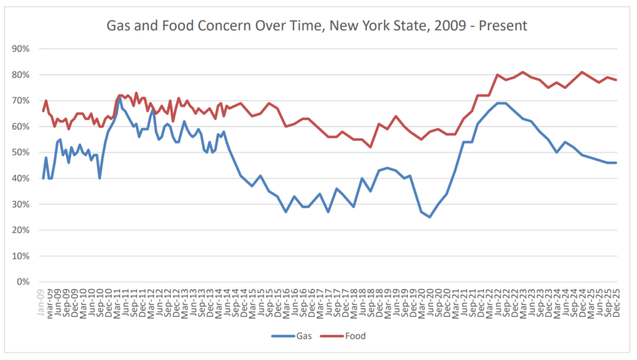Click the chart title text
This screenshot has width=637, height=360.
pyautogui.click(x=317, y=25)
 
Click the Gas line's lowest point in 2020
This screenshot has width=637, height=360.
pyautogui.click(x=429, y=217)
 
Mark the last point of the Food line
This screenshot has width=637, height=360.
pyautogui.click(x=616, y=80)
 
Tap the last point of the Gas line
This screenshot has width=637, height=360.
pyautogui.click(x=616, y=163)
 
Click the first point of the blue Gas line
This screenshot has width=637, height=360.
pyautogui.click(x=43, y=178)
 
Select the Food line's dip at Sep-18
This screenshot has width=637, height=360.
pyautogui.click(x=371, y=147)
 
